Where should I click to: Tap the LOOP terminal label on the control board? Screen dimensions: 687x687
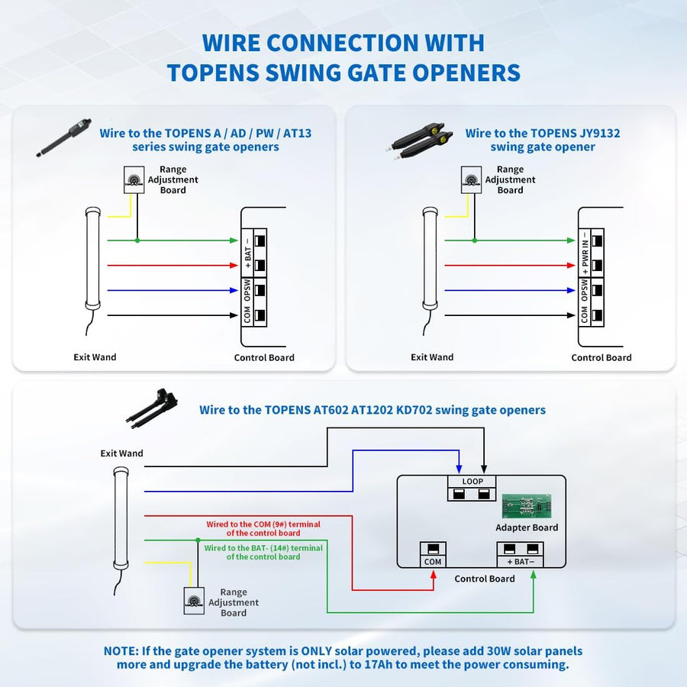click(472, 482)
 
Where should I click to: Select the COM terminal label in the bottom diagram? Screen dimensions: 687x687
click(433, 562)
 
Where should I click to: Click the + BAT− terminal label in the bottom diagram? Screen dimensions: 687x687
click(520, 562)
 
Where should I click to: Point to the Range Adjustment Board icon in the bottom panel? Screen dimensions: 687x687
click(194, 602)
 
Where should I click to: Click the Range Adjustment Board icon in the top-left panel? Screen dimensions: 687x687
click(134, 179)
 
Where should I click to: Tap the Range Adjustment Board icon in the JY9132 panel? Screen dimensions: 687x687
click(472, 179)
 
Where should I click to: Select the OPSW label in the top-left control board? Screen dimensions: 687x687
click(247, 290)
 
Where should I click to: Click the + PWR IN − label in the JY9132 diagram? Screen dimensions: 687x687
click(585, 253)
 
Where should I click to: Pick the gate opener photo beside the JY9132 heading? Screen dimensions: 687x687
click(418, 140)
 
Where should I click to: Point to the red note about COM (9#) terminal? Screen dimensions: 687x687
click(263, 529)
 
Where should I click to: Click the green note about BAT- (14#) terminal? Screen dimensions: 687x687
click(263, 552)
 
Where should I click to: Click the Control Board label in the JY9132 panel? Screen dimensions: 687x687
click(602, 357)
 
